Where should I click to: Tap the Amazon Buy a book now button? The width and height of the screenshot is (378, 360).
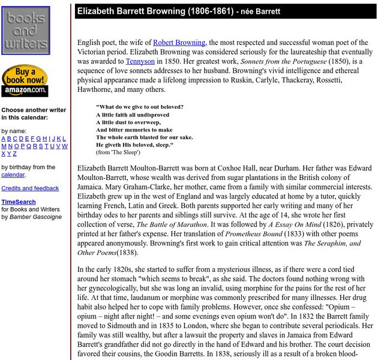tap(25, 81)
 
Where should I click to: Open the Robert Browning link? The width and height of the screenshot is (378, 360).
tap(180, 43)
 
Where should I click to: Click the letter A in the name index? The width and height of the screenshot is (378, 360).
tap(4, 139)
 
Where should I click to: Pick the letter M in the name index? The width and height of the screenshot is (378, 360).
tap(4, 146)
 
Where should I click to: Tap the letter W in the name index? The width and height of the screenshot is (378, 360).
tap(65, 146)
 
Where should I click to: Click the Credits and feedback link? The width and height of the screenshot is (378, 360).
tap(30, 188)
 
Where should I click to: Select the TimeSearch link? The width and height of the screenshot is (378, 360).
tap(19, 202)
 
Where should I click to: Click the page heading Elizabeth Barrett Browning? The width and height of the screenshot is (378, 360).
tap(155, 11)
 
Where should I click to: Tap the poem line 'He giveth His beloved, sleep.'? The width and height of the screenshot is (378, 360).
tap(134, 145)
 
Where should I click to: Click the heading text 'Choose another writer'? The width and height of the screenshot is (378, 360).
tap(34, 110)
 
